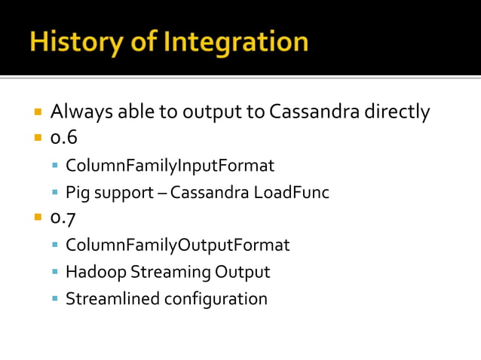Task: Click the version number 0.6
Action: pyautogui.click(x=64, y=139)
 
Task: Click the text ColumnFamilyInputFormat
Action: pyautogui.click(x=170, y=166)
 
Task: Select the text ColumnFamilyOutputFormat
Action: pyautogui.click(x=177, y=246)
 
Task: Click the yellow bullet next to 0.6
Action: pyautogui.click(x=38, y=139)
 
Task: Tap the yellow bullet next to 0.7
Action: pyautogui.click(x=38, y=219)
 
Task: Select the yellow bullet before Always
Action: pyautogui.click(x=38, y=113)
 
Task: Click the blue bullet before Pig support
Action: pyautogui.click(x=56, y=193)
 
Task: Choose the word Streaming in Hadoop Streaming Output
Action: pyautogui.click(x=170, y=272)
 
